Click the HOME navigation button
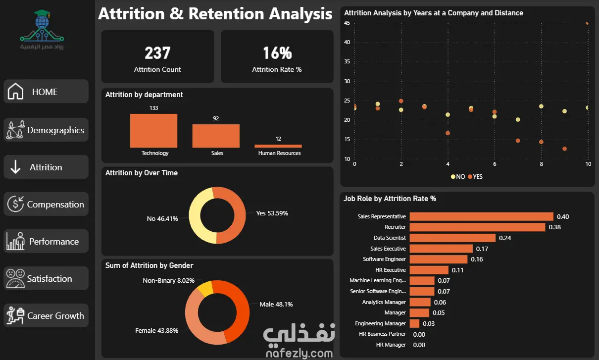[x=46, y=92]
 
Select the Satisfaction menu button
[x=46, y=278]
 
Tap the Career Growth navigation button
[x=46, y=315]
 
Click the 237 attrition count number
[x=157, y=53]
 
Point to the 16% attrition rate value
[x=277, y=53]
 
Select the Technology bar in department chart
[x=154, y=131]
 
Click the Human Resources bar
[x=278, y=146]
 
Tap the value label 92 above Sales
[x=216, y=118]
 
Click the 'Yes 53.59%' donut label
[x=272, y=213]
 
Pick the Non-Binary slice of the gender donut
[x=205, y=289]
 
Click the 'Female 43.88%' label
[x=157, y=331]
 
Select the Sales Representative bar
[x=481, y=216]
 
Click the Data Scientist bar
[x=452, y=238]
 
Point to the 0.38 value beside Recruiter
[x=554, y=227]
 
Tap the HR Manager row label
[x=391, y=345]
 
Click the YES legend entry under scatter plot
[x=475, y=176]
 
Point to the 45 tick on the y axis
[x=347, y=23]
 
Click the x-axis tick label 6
[x=495, y=164]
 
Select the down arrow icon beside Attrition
[x=15, y=167]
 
